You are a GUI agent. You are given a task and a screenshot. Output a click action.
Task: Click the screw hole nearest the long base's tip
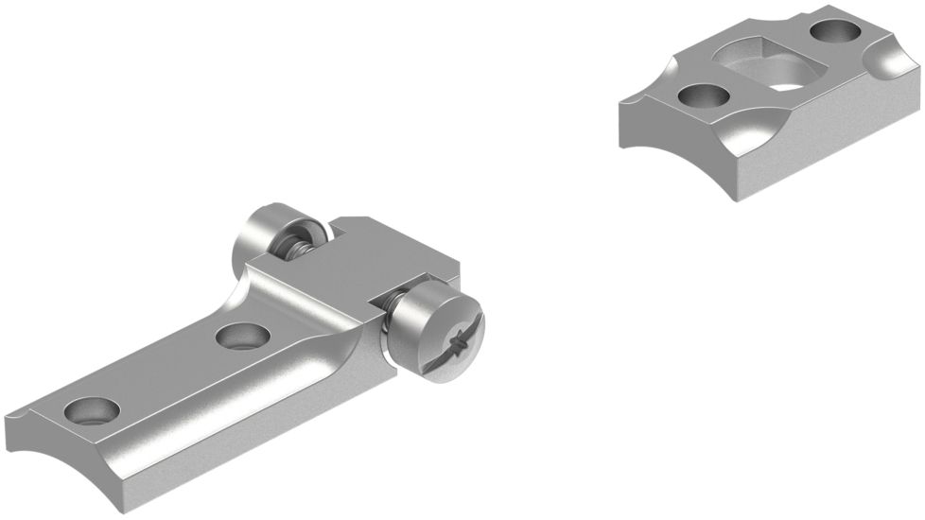pyautogui.click(x=92, y=411)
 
